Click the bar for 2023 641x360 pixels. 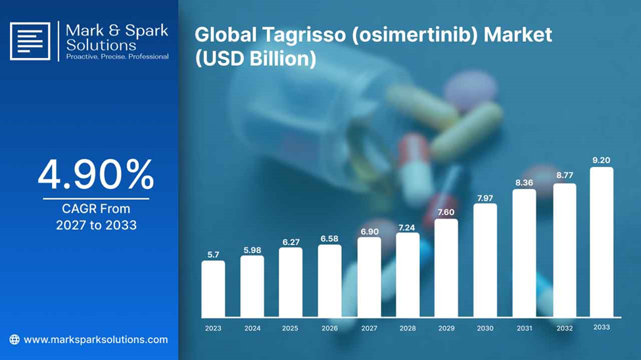tap(213, 289)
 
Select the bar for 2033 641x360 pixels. tap(602, 242)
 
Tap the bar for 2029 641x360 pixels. tap(446, 268)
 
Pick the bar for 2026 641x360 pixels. tap(329, 281)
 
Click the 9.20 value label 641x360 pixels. tap(602, 160)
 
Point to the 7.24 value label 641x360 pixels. tap(407, 227)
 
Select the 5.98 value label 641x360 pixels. tap(252, 250)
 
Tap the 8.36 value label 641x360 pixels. tap(524, 183)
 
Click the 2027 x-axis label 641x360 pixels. tap(369, 328)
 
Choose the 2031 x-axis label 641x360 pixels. tap(524, 328)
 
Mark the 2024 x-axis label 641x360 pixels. tap(252, 328)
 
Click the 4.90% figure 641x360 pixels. tap(96, 175)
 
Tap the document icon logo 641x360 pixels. tap(30, 41)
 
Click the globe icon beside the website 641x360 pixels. tap(14, 340)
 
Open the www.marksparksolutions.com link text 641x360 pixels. tap(96, 340)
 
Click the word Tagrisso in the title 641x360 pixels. tap(304, 34)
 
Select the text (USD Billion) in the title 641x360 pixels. tap(256, 58)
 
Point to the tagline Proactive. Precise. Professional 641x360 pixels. tap(117, 56)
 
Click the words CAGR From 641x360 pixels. tap(96, 209)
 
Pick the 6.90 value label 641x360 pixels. tap(369, 232)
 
